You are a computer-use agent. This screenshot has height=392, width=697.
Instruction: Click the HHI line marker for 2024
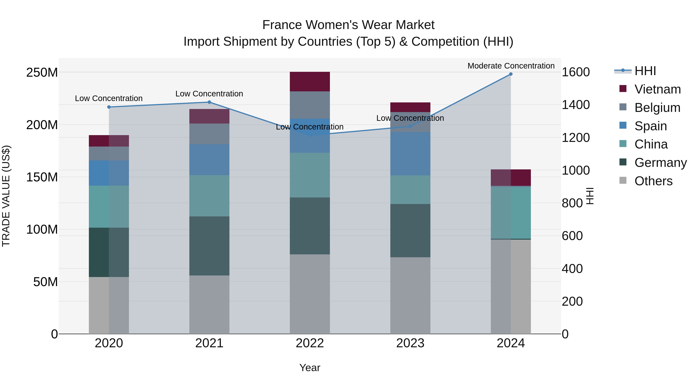511,74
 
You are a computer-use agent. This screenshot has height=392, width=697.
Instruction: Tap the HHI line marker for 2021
209,102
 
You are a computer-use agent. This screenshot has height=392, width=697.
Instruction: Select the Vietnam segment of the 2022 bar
310,81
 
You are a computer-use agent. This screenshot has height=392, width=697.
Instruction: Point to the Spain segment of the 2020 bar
109,173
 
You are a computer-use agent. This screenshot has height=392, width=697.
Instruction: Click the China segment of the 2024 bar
511,213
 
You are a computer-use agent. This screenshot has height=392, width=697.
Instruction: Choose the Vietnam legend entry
657,89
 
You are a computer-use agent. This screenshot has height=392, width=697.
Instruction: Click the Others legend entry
653,181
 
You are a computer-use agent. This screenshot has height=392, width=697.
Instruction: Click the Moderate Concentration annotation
511,66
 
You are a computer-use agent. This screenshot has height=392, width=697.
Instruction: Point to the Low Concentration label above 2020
109,98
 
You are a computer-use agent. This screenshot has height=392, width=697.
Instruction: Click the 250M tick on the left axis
42,73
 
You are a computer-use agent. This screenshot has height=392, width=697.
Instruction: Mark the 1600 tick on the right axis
576,72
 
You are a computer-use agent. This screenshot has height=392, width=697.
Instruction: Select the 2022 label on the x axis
310,343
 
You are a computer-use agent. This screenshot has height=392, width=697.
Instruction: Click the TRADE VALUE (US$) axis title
6,196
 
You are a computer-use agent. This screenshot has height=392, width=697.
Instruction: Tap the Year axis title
310,368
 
